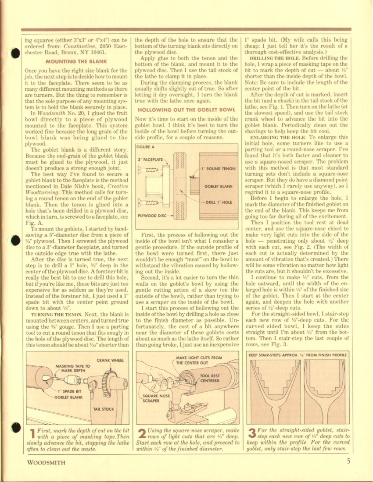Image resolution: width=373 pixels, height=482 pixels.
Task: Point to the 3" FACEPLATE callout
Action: coord(151,160)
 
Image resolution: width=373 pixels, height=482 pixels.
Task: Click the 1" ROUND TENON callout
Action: coord(218,168)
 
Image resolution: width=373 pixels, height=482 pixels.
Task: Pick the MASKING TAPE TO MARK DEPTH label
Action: coord(73,369)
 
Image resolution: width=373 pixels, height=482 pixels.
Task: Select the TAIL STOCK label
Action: coord(103,409)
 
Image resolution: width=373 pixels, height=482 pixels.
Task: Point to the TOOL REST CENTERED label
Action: coord(209,378)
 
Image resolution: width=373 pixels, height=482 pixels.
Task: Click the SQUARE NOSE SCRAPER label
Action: coord(156,398)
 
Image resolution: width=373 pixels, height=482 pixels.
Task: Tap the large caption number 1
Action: coord(32,435)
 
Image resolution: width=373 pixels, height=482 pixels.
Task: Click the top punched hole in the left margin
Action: coord(15,53)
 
